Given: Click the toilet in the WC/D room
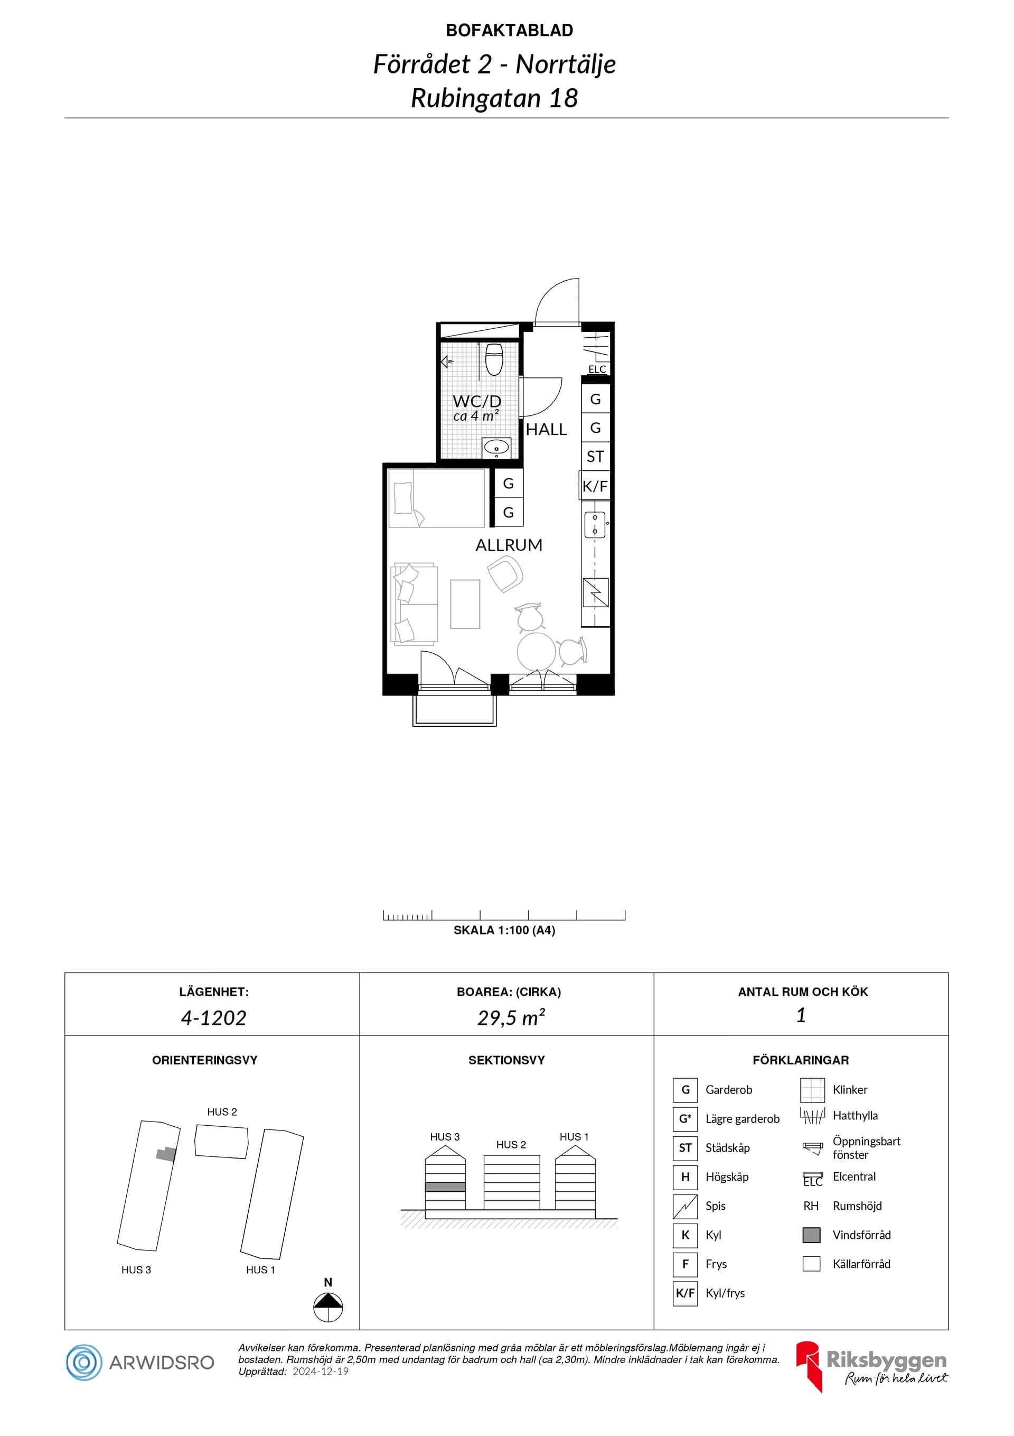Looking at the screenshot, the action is [x=494, y=359].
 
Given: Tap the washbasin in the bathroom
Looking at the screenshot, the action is [x=496, y=448].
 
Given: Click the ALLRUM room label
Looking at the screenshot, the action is [x=509, y=545].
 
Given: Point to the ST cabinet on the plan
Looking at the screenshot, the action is [x=595, y=457].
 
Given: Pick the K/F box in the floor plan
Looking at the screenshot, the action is [x=595, y=486].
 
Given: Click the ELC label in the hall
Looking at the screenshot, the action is [x=597, y=369].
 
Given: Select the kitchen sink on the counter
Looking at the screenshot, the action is [x=595, y=525].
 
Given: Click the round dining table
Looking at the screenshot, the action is [x=537, y=652].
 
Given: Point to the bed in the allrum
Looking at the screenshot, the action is [x=436, y=498].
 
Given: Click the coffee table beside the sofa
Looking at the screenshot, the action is [x=465, y=604].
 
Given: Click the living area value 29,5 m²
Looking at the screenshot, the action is [x=511, y=1017].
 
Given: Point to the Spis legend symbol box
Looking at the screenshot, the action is [x=685, y=1207].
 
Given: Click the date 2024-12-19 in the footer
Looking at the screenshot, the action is [x=321, y=1372].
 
